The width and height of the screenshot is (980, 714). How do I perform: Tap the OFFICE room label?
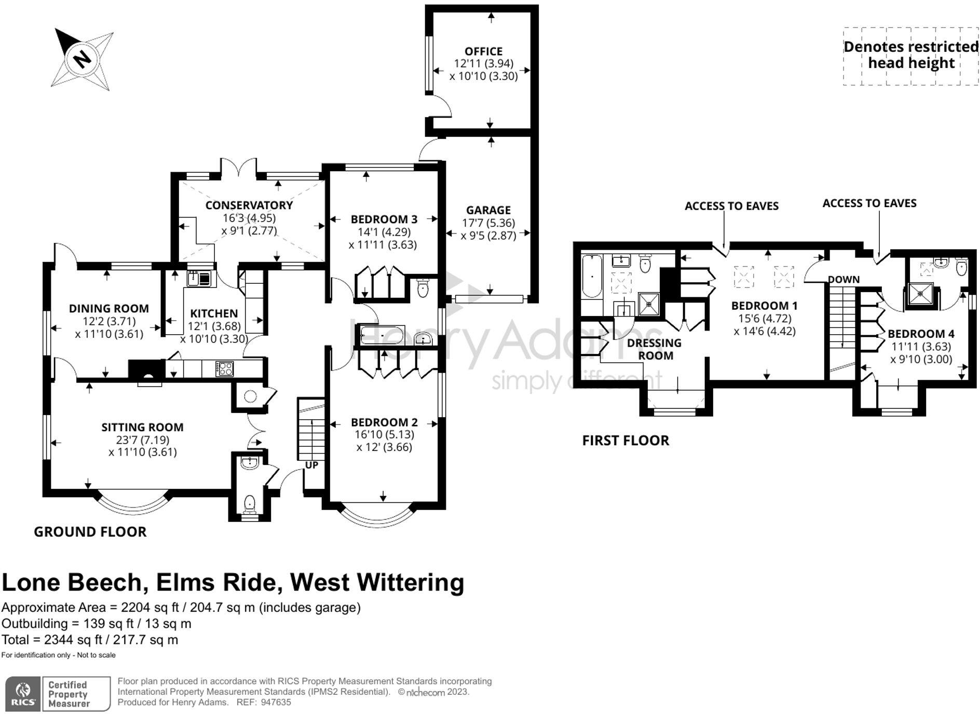pos(483,51)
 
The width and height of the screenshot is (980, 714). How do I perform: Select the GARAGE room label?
pos(488,210)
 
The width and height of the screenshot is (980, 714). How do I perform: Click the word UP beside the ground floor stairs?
pos(311,465)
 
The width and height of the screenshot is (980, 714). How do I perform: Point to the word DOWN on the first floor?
pos(843,280)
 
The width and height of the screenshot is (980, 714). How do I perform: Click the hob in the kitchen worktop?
pos(225,369)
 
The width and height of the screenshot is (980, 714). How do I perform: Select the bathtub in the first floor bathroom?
pos(592,276)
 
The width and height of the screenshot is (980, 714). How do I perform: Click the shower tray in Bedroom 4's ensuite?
pos(920,293)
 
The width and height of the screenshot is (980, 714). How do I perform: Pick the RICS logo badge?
pos(23,693)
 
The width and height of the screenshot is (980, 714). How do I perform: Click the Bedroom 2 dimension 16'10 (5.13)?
pos(384,435)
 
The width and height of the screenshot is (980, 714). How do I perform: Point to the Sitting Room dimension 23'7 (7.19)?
pos(142,440)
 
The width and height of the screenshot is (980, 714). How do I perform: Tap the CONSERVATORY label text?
pos(249,205)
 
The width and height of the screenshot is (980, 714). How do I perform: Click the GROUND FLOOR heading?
pos(90,532)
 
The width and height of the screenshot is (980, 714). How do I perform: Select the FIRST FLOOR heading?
pos(625,441)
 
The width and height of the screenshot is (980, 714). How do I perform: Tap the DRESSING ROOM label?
pos(655,349)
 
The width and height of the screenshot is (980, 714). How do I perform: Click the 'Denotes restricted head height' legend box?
pos(910,56)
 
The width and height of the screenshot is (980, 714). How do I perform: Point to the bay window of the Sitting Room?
pos(133,503)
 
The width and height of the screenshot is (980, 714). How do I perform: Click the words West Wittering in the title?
pos(377,582)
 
